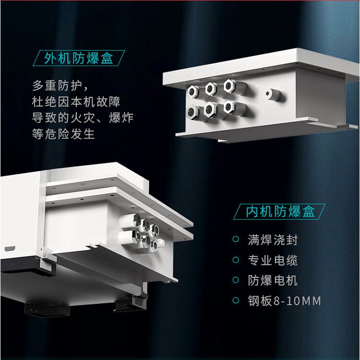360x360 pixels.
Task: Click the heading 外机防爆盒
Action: [x=79, y=58]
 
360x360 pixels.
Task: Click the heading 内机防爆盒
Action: [x=280, y=212]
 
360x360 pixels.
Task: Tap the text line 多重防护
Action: [x=57, y=86]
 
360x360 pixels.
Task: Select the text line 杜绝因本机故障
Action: [x=76, y=102]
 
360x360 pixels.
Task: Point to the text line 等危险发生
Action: [x=63, y=134]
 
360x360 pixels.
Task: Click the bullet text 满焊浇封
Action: [x=273, y=240]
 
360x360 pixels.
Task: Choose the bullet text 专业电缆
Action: [x=273, y=260]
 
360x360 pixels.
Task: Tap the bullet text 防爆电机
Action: [x=273, y=280]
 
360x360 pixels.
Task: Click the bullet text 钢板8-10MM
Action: [x=285, y=300]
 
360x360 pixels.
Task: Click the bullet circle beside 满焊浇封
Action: [x=236, y=239]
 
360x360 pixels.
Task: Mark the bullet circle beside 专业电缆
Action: [x=236, y=260]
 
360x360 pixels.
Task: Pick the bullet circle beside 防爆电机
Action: [x=236, y=280]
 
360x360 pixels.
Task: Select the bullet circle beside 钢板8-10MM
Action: [x=236, y=300]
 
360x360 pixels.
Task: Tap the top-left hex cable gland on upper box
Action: [x=192, y=91]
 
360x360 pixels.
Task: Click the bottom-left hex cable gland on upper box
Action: [x=193, y=112]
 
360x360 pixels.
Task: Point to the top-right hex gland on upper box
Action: [x=229, y=86]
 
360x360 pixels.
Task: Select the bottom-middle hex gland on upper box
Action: [x=210, y=109]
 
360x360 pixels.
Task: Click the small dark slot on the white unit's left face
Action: [x=10, y=249]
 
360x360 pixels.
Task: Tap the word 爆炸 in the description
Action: [x=121, y=118]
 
